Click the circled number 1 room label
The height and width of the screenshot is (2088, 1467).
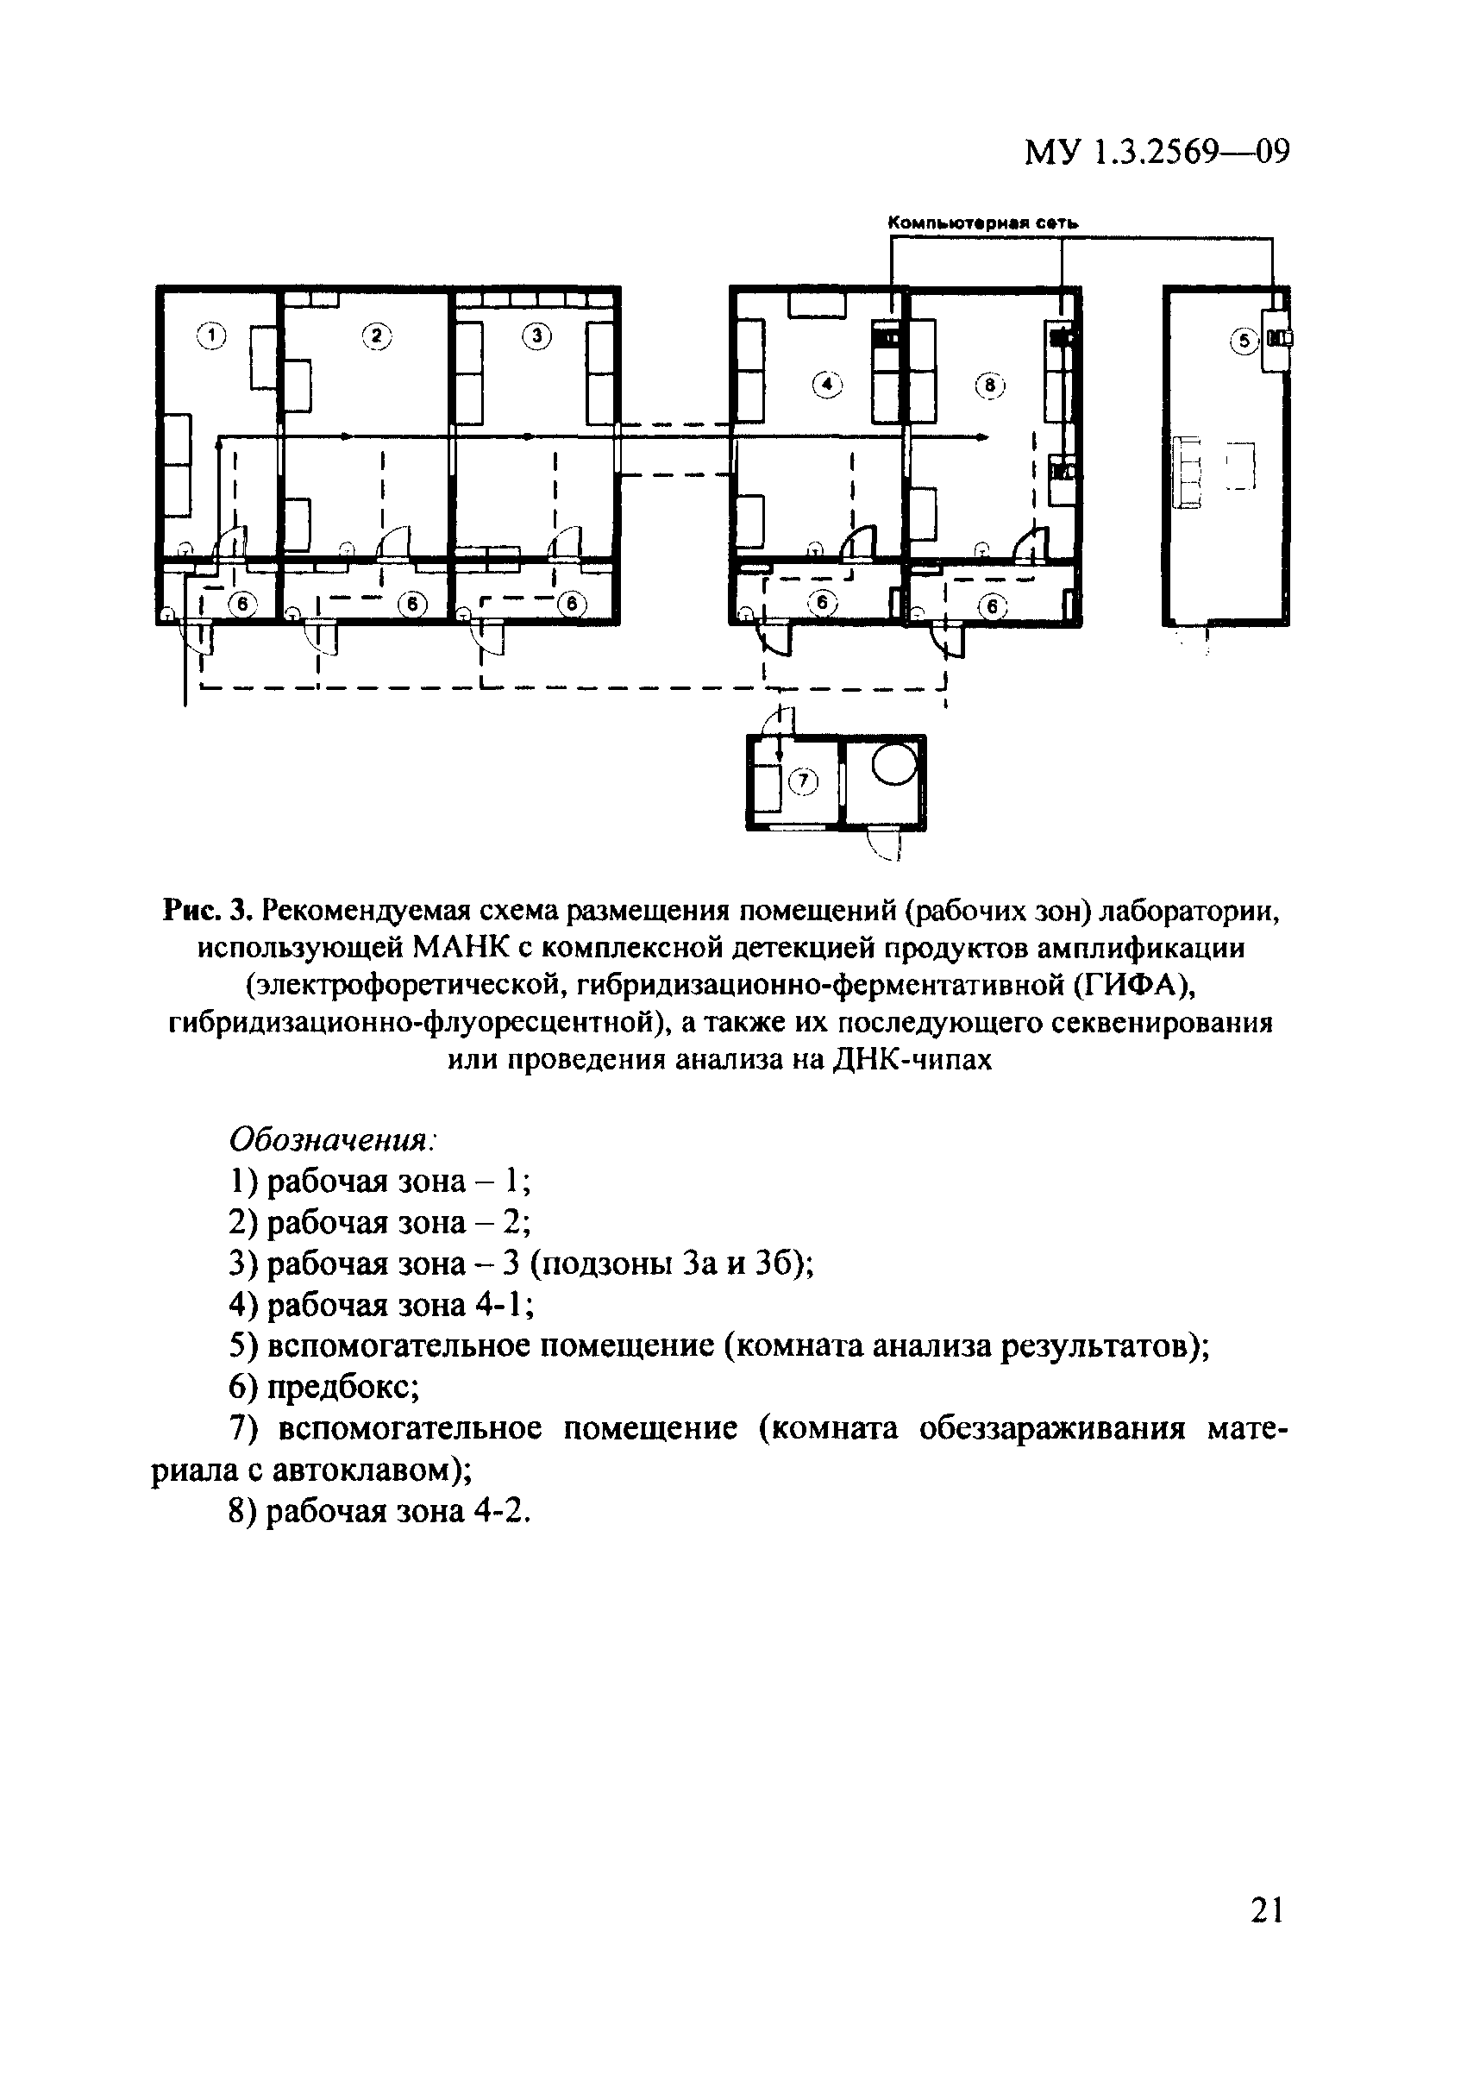coord(210,336)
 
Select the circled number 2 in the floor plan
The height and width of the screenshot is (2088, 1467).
coord(376,336)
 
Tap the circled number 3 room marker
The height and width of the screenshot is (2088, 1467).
coord(536,336)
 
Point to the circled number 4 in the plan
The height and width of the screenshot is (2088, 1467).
coord(827,386)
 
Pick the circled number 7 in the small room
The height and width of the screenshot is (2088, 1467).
coord(803,781)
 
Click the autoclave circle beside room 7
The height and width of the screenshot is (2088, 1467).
coord(895,765)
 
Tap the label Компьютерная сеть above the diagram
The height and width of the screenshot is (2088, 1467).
coord(982,223)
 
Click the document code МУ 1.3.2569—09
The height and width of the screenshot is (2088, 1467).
coord(1157,152)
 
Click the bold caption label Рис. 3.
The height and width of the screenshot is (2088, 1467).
coord(204,908)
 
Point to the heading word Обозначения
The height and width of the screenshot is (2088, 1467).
coord(332,1139)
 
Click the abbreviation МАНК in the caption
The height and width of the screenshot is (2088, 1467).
coord(461,947)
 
